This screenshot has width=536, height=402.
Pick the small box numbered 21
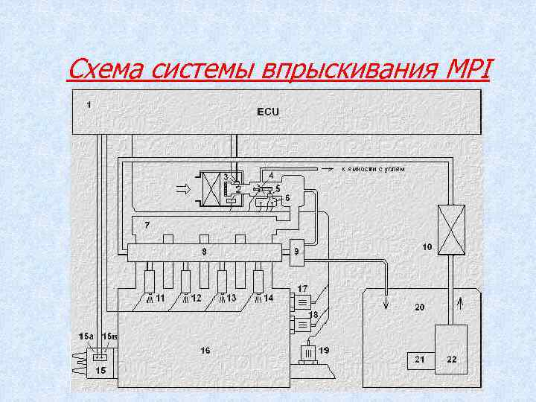click(420, 360)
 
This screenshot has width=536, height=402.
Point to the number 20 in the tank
click(419, 307)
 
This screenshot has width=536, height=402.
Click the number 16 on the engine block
click(205, 350)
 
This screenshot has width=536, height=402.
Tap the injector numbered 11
click(150, 281)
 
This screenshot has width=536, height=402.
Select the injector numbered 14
click(258, 281)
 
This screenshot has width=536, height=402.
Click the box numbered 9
click(297, 252)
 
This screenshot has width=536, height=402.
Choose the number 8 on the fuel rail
click(204, 252)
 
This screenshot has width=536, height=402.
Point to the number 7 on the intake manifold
click(147, 224)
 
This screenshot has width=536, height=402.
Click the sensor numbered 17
click(302, 301)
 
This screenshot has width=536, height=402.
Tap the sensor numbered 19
click(308, 351)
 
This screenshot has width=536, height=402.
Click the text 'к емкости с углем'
click(373, 170)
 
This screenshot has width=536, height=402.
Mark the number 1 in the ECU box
click(89, 104)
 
